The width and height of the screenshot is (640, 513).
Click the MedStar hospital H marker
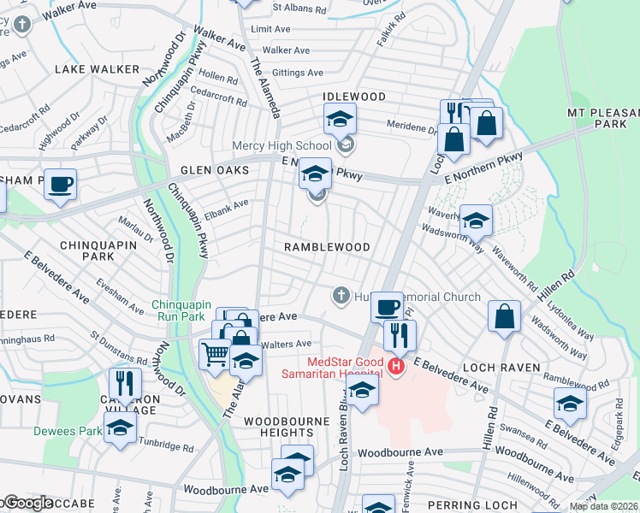click(x=395, y=368)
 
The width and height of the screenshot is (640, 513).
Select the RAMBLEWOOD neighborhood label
click(x=327, y=247)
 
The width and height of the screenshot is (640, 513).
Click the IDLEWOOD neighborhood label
click(x=354, y=97)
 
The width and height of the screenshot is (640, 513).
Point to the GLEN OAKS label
click(x=215, y=170)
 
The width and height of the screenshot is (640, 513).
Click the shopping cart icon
click(x=215, y=352)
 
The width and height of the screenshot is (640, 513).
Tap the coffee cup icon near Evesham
click(x=61, y=184)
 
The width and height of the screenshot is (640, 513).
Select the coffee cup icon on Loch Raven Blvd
click(x=387, y=306)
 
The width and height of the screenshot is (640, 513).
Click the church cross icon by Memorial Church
click(x=341, y=296)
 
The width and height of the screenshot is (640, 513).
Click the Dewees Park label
click(x=67, y=431)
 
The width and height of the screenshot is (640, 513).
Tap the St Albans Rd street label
click(x=299, y=9)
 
